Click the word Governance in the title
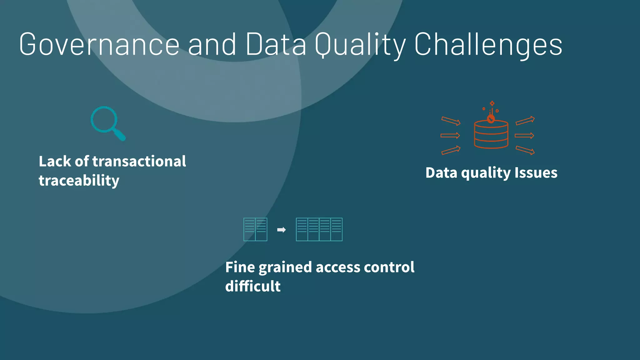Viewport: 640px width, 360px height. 99,45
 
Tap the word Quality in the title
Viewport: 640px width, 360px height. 360,45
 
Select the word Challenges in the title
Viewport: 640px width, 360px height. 488,45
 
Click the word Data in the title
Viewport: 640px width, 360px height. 276,45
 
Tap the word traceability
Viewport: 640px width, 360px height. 79,181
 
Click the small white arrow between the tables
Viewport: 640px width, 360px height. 281,230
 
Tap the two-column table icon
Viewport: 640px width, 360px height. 255,229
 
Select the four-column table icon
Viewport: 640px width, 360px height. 319,229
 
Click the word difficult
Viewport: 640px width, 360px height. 253,286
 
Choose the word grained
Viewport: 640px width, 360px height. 285,267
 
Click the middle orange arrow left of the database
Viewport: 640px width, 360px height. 450,135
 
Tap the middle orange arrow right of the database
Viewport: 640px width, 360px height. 524,135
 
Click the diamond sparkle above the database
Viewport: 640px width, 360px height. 492,103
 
